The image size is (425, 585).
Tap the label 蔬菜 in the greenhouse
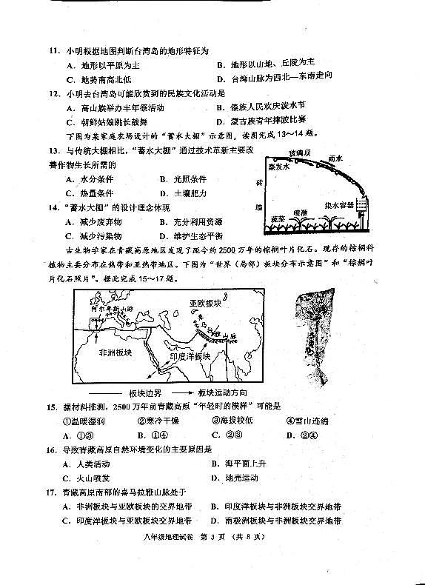(x=278, y=219)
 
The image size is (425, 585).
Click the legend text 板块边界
(x=145, y=392)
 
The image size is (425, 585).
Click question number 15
(x=53, y=407)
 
